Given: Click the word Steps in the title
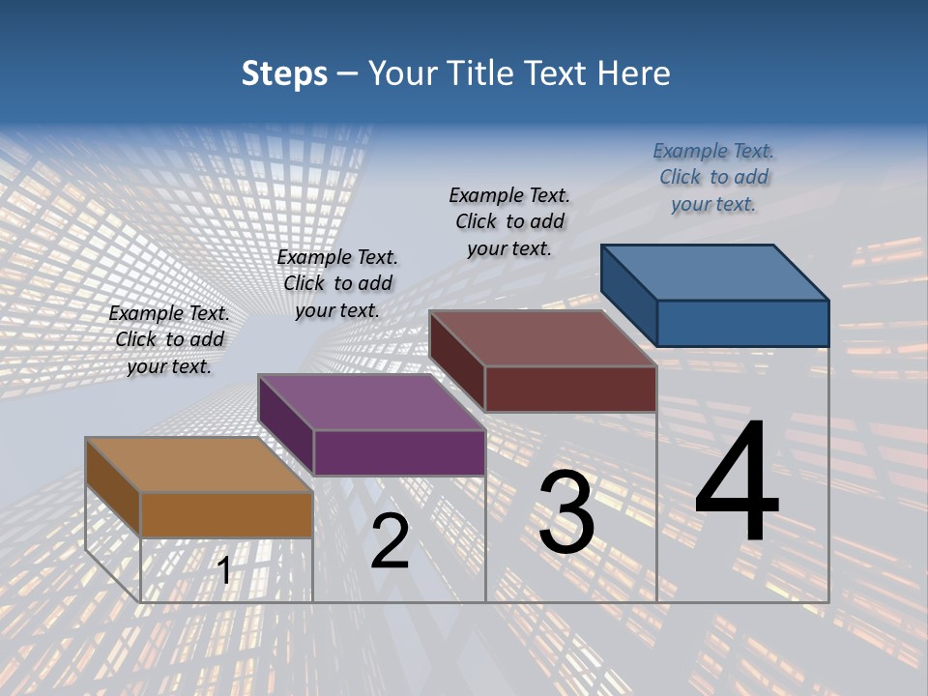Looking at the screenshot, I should click(x=284, y=73).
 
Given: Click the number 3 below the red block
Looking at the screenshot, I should click(x=566, y=513).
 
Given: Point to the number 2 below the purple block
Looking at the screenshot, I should click(x=390, y=541).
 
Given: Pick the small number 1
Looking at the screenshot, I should click(x=224, y=571).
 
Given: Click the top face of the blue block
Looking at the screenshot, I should click(x=715, y=272).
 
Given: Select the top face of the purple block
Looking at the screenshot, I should click(x=371, y=402).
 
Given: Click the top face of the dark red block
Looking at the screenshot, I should click(x=542, y=337).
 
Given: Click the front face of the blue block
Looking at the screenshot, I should click(x=742, y=323).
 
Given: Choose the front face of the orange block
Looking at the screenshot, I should click(x=226, y=514).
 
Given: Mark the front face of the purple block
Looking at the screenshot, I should click(x=399, y=452).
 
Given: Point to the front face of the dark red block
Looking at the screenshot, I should click(x=570, y=389).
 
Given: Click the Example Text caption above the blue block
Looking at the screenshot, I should click(x=713, y=177).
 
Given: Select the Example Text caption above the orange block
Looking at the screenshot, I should click(x=169, y=339).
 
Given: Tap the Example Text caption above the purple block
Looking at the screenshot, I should click(x=337, y=283).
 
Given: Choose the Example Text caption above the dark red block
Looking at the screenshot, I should click(x=509, y=221).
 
